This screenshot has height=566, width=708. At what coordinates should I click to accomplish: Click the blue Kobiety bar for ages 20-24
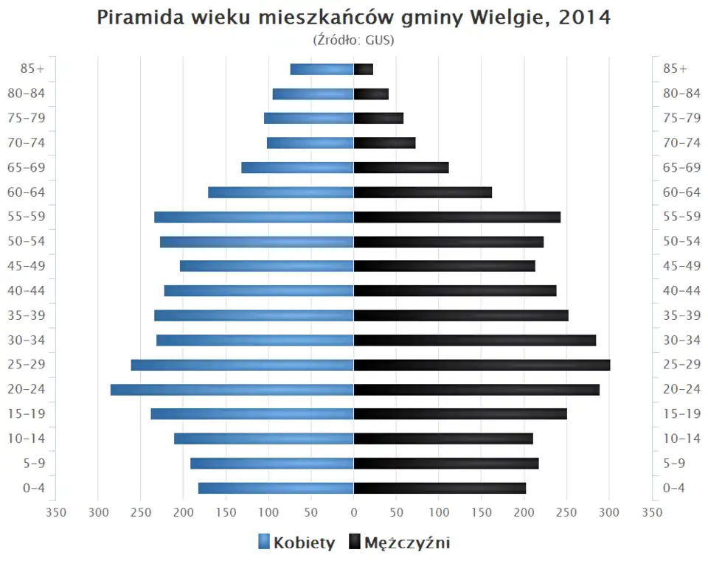232,389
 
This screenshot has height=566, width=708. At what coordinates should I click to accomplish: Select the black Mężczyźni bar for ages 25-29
482,365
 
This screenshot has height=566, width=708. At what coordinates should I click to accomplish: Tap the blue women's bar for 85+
322,69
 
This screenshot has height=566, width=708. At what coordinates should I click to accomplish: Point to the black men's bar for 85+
364,69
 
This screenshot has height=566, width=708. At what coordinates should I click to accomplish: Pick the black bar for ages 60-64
423,192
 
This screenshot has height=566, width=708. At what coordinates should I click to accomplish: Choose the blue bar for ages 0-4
276,488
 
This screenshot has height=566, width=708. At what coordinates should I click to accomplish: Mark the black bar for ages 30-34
474,340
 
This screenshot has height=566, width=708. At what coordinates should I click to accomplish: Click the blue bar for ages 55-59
254,217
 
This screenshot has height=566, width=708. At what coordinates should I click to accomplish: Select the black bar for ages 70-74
384,143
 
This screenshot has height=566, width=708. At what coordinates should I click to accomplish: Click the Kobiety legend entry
296,543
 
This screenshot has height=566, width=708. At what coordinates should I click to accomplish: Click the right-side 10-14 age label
681,439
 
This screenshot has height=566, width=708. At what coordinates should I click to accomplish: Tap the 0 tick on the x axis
354,512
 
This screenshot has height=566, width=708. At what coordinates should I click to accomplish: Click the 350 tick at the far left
55,512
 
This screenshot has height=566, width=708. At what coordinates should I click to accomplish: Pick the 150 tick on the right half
482,512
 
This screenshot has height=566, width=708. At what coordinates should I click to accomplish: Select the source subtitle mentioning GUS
354,39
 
